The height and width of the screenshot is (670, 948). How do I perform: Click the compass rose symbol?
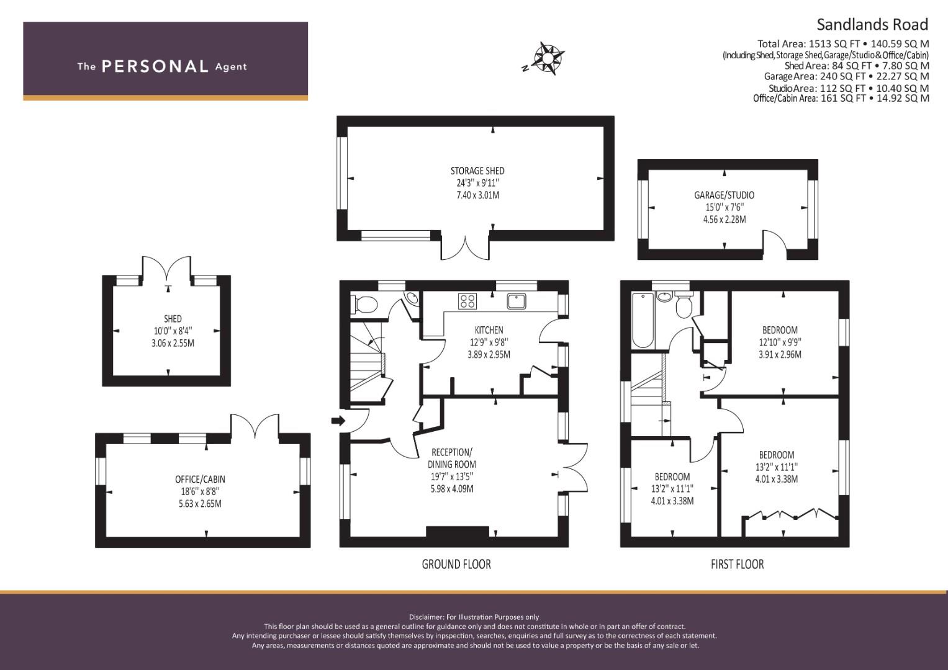pos(547,58)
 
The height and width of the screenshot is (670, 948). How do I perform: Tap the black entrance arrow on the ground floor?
pos(338,421)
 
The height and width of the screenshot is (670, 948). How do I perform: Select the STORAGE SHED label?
pos(477,171)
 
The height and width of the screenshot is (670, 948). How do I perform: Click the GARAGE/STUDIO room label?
pos(724,195)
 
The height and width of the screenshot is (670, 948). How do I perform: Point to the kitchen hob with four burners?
pos(467,301)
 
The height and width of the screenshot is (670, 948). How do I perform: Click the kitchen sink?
pos(517,301)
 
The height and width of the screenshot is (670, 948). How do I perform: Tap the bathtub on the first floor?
pos(643,320)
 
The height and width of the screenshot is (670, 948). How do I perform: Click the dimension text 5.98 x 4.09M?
pos(452,489)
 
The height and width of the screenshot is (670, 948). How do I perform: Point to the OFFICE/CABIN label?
pos(200,479)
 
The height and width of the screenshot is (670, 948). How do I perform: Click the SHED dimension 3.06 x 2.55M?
pos(173,343)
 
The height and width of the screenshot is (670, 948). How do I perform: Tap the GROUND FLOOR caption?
pos(456,565)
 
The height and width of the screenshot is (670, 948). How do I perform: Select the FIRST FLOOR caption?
pos(738,565)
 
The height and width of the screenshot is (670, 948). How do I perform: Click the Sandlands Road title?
pos(872,25)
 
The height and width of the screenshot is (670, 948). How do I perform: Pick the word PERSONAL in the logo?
pos(155,66)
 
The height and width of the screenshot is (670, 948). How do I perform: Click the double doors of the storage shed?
pos(466,248)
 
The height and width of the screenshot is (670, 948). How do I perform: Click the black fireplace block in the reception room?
pos(458,531)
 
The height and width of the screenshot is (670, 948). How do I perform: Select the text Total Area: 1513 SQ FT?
pos(809,44)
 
